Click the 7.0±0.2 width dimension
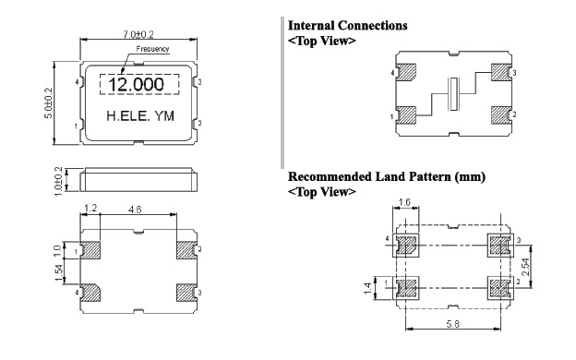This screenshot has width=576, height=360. [138, 34]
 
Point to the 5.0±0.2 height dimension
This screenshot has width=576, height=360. [49, 103]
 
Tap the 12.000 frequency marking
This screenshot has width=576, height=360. [136, 85]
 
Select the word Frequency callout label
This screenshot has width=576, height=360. [152, 49]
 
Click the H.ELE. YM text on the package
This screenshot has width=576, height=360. [140, 116]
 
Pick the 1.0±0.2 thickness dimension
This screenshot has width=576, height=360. [58, 182]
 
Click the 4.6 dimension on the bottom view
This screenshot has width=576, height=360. [135, 210]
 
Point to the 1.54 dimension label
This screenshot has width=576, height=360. [59, 272]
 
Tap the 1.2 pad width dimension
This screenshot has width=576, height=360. [90, 209]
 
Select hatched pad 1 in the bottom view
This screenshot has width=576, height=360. [90, 250]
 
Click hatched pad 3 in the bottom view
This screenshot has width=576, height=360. [186, 293]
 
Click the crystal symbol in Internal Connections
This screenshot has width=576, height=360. [454, 94]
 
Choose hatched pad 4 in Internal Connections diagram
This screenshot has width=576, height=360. [406, 72]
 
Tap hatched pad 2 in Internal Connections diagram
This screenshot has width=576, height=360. [501, 115]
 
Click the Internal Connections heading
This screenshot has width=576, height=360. [347, 26]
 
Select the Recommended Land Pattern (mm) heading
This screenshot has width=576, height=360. [387, 176]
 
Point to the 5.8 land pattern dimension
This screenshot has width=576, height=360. [452, 324]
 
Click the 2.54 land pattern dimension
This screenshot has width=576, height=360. [525, 267]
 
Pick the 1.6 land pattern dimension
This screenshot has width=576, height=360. [404, 202]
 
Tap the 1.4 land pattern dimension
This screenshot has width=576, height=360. [367, 288]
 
